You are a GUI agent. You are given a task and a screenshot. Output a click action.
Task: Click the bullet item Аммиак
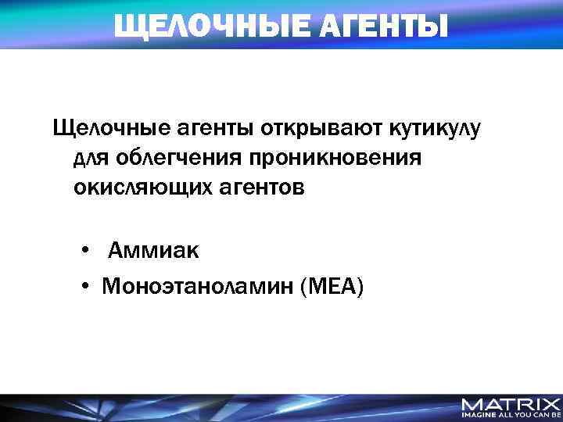(x=153, y=251)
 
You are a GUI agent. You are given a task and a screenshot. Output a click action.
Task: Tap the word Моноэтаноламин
(x=196, y=288)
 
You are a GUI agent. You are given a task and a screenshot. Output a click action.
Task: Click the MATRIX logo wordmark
(x=511, y=405)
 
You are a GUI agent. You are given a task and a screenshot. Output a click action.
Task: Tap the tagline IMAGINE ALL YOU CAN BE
(x=511, y=417)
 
